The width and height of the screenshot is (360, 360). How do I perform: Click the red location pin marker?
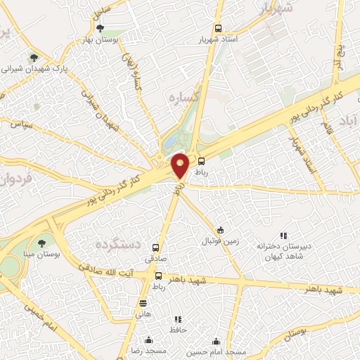pyautogui.click(x=181, y=165)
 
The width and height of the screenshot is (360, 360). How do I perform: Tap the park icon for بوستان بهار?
pyautogui.click(x=100, y=28)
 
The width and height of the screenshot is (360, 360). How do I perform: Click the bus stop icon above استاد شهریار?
pyautogui.click(x=218, y=29)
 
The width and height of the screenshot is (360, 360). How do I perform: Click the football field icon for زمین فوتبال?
pyautogui.click(x=220, y=230)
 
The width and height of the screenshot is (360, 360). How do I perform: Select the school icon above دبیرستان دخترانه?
pyautogui.click(x=283, y=236)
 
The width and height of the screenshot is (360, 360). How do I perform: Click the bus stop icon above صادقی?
pyautogui.click(x=156, y=248)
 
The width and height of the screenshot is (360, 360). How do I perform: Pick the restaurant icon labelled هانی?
pyautogui.click(x=143, y=304)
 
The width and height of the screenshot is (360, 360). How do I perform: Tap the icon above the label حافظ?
pyautogui.click(x=178, y=320)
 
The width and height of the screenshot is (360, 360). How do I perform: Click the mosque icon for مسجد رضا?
pyautogui.click(x=148, y=341)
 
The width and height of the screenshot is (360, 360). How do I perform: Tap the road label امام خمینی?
pyautogui.click(x=38, y=318)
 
